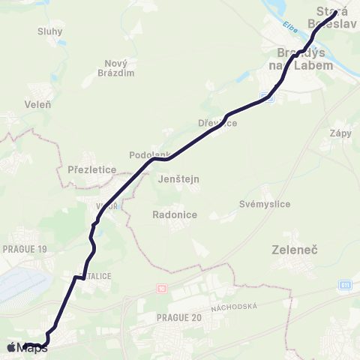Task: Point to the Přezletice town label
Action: pos(91,169)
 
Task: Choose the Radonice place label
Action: pos(174,214)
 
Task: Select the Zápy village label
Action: pos(340,133)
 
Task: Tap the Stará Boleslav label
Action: pos(337,17)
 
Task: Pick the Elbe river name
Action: pos(290,28)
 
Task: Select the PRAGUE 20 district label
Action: pos(179,318)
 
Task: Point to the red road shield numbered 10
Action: pos(160,288)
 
